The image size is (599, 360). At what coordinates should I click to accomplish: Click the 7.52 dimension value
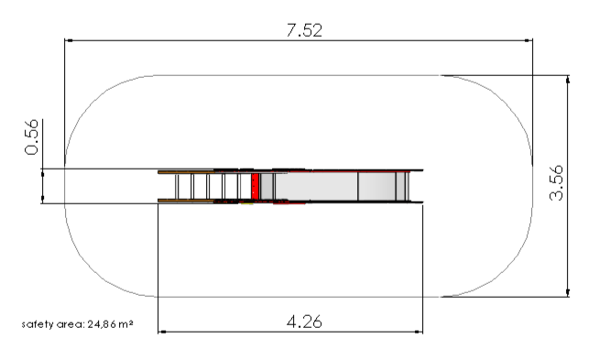[304, 30]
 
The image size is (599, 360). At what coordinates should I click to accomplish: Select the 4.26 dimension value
[304, 322]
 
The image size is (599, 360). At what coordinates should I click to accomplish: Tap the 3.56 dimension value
[556, 182]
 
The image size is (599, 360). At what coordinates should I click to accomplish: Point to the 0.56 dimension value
[31, 136]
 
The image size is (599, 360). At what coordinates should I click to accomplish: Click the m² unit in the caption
[125, 324]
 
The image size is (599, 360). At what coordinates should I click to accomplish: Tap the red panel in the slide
[256, 186]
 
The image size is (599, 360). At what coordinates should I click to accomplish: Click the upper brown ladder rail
[186, 172]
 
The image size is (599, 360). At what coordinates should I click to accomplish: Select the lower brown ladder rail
[186, 201]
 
